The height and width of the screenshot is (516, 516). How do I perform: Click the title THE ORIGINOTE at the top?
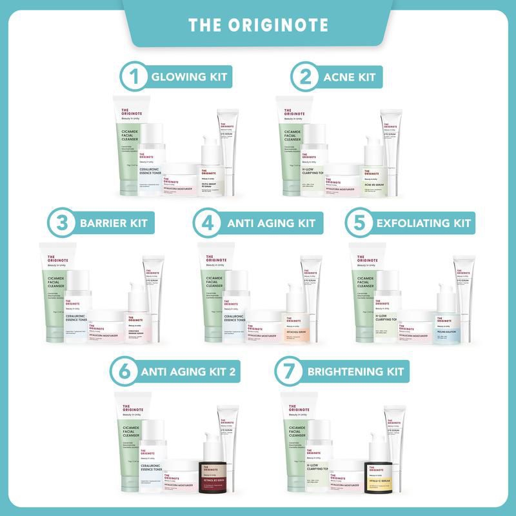[258, 25]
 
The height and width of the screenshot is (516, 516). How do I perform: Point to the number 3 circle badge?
[62, 223]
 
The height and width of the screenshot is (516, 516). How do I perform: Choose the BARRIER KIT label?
[114, 224]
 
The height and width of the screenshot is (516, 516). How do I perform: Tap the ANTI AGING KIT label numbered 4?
[271, 224]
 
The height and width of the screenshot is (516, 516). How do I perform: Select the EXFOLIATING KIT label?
[424, 224]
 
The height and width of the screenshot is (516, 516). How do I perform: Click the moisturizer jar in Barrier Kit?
[105, 326]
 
